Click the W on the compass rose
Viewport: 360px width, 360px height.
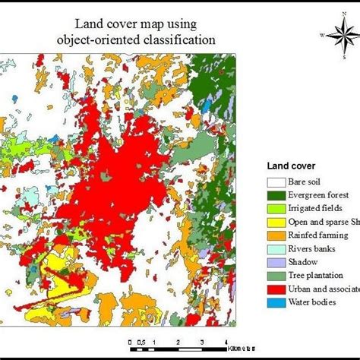pos(321,35)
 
